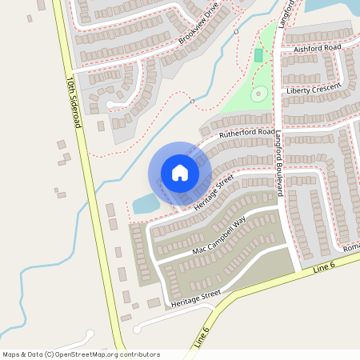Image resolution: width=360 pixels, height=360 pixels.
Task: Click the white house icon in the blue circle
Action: (180, 173)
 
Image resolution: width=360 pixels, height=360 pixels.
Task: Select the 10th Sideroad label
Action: (74, 102)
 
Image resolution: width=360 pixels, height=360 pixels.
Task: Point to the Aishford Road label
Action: (318, 48)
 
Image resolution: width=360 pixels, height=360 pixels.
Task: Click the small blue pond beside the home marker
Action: (146, 204)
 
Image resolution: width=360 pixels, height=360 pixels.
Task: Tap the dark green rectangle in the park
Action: (258, 56)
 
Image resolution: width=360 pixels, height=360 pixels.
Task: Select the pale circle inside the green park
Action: (258, 94)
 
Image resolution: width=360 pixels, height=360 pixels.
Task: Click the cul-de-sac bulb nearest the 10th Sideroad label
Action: (110, 104)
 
